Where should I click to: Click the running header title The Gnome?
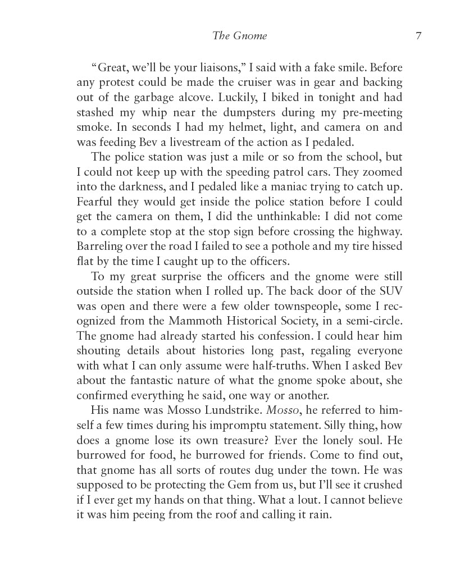click(x=240, y=36)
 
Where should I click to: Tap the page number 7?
click(x=418, y=36)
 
